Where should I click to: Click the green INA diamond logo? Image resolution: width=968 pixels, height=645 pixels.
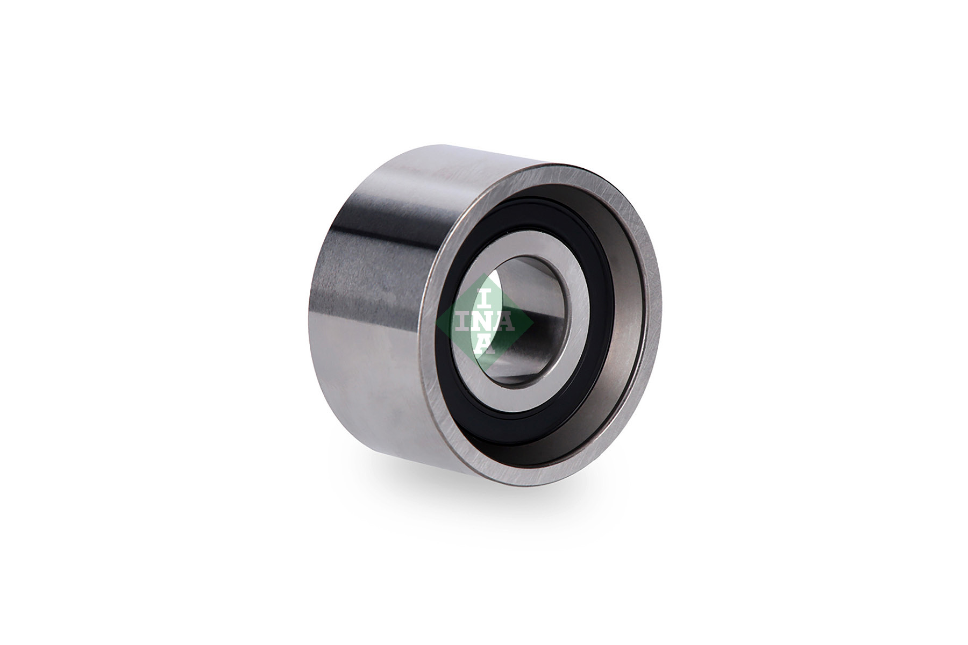click(484, 322)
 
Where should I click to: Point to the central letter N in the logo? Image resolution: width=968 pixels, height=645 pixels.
click(484, 322)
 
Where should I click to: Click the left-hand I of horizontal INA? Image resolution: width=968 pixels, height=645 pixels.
click(463, 322)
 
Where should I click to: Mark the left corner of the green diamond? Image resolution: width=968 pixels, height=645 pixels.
click(436, 322)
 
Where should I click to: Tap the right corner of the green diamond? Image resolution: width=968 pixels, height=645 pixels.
click(533, 322)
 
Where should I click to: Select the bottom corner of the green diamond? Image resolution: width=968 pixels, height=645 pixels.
click(485, 371)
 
